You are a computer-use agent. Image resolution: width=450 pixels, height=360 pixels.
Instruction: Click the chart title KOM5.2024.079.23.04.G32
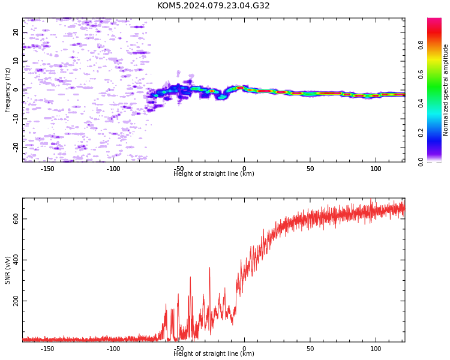pos(213,5)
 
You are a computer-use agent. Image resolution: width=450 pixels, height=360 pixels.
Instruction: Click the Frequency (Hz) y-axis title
pos(7,90)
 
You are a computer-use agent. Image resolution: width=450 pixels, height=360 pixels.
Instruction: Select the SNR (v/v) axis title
pos(7,270)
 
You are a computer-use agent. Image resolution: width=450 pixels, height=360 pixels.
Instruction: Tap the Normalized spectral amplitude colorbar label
pos(445,90)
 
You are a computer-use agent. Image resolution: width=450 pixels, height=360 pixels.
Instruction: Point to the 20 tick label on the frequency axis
pos(16,32)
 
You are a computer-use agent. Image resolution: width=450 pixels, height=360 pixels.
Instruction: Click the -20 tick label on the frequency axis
pos(16,148)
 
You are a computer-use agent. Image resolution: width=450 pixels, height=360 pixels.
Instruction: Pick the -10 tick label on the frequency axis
pos(16,119)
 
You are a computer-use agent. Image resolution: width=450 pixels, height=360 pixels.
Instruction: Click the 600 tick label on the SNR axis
pos(16,219)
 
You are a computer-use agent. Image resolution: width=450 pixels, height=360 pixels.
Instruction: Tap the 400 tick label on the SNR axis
pos(16,260)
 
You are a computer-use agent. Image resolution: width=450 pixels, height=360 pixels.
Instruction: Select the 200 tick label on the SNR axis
pos(16,301)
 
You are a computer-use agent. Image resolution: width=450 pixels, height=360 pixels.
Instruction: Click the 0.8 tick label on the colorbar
pos(421,45)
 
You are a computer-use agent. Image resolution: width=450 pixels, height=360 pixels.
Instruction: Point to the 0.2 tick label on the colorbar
pos(421,133)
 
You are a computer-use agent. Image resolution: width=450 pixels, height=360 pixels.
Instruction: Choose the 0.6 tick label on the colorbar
pos(421,74)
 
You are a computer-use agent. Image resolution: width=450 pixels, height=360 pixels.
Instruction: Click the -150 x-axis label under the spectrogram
pos(47,169)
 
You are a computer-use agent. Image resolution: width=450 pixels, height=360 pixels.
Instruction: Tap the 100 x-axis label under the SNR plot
pos(376,349)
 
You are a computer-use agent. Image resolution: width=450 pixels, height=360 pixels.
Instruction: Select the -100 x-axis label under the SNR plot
pos(113,349)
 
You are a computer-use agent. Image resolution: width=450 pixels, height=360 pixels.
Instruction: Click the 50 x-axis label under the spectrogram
pos(310,169)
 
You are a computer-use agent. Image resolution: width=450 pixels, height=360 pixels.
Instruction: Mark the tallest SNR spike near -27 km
pos(209,268)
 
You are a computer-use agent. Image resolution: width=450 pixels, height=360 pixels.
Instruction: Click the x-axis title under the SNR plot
pos(214,353)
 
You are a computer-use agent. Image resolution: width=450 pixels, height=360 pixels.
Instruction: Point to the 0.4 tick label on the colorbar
pos(421,103)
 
